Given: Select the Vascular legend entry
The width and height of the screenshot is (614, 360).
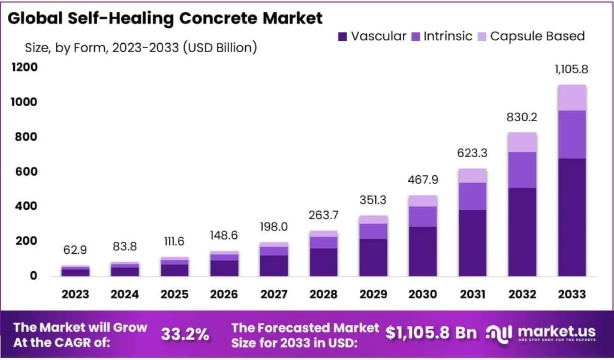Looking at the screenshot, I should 372,37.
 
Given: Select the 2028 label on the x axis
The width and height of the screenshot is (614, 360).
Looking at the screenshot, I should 324,294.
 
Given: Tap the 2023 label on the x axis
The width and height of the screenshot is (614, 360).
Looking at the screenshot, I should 75,294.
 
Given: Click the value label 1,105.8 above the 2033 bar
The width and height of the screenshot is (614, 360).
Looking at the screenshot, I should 571,69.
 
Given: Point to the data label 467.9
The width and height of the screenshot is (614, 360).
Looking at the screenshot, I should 423,180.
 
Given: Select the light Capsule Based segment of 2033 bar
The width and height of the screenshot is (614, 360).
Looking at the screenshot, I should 571,98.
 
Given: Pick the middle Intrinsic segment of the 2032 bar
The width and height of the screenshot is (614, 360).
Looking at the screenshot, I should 522,170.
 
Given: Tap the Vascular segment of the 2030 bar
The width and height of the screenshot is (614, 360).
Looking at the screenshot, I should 423,251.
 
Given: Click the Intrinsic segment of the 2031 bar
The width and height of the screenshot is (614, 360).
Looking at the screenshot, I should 472,196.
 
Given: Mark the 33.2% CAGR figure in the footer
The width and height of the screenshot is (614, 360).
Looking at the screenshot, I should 185,334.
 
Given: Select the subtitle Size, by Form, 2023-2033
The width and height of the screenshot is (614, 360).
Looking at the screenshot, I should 141,47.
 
